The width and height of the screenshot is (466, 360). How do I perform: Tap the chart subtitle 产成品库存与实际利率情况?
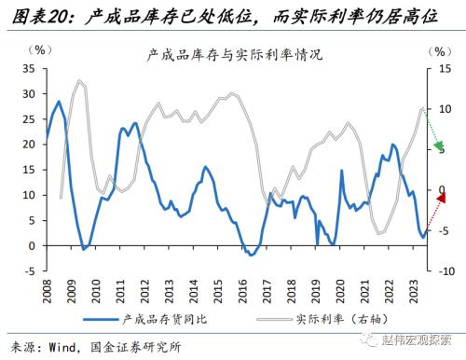[234, 54]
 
